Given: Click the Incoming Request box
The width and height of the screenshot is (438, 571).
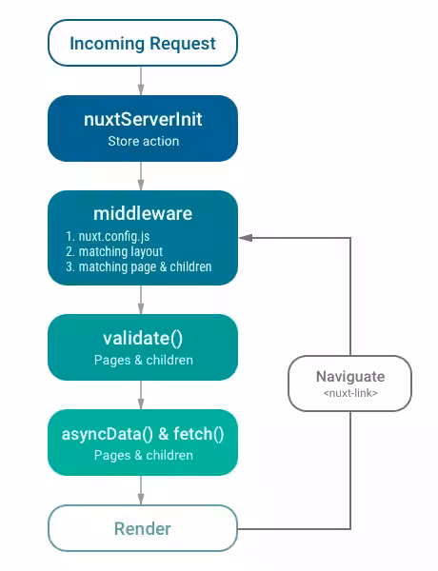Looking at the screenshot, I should (x=142, y=43).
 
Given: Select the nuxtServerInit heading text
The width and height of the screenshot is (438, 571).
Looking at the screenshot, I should (x=142, y=120).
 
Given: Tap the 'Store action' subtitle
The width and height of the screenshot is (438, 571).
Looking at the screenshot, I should (x=142, y=142).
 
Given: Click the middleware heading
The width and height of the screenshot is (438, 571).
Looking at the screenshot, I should (x=142, y=213).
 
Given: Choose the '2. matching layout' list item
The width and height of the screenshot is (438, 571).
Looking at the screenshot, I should (x=114, y=251).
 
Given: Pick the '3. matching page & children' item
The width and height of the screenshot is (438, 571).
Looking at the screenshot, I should (x=138, y=267).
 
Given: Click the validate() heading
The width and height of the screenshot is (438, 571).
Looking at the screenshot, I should (x=142, y=338).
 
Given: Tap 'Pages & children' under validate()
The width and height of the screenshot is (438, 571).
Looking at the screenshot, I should (x=143, y=360).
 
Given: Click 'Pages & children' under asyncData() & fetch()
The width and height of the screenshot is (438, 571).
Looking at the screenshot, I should (x=143, y=455).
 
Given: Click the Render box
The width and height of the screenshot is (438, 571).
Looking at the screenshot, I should (x=142, y=528).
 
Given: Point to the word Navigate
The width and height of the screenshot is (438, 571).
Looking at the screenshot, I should (x=349, y=375).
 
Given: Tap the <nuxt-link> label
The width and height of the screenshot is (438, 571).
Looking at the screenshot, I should (x=349, y=392).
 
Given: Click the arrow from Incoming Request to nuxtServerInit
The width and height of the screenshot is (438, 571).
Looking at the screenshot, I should (x=142, y=80).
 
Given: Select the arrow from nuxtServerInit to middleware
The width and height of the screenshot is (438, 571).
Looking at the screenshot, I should (x=142, y=175).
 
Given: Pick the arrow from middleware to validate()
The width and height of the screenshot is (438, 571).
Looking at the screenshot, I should (x=142, y=300).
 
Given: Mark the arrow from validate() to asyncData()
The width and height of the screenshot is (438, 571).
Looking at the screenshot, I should (x=142, y=395).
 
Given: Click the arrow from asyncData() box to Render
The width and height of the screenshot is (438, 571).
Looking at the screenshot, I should (x=142, y=490).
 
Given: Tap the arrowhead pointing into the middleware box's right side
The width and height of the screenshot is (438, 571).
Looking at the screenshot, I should (x=244, y=237).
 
